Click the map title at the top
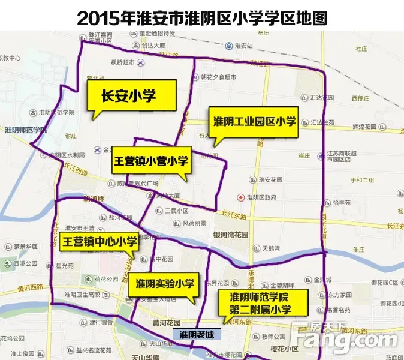(x=202, y=17)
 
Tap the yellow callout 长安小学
(x=129, y=97)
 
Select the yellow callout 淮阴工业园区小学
(x=251, y=122)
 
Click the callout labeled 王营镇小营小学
(x=150, y=160)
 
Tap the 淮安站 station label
(x=244, y=45)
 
